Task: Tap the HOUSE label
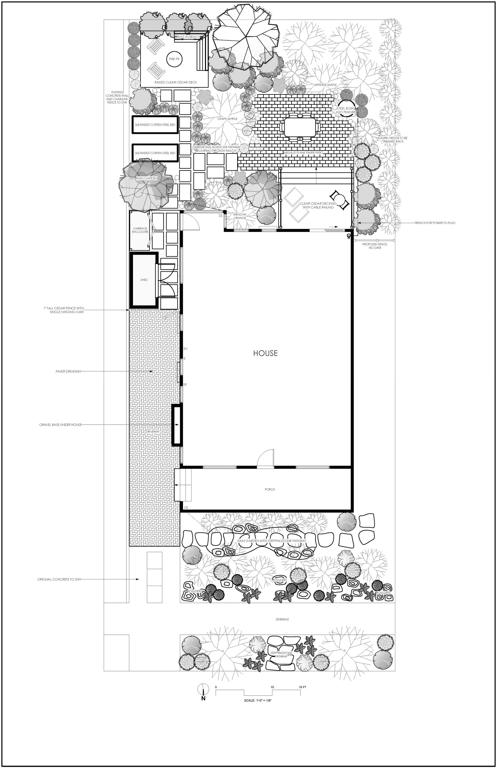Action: tap(265, 353)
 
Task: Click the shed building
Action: tap(144, 280)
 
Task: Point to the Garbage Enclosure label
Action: tap(140, 230)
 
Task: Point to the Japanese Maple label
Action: tap(325, 84)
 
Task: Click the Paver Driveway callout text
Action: tap(68, 371)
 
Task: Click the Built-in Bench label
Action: tap(188, 37)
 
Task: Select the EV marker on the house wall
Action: tap(185, 349)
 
